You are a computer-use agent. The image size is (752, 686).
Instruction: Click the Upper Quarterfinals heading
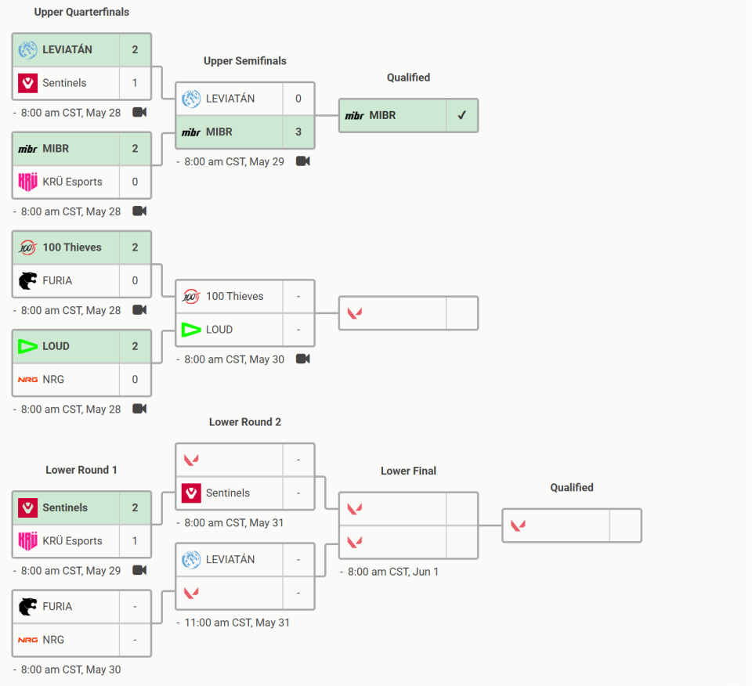[81, 12]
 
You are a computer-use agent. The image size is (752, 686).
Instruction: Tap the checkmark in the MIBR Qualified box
[462, 115]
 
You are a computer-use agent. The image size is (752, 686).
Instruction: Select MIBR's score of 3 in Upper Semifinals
[298, 132]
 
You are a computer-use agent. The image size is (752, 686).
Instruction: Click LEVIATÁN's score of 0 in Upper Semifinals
[298, 99]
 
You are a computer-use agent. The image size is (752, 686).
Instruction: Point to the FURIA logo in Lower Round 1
[28, 606]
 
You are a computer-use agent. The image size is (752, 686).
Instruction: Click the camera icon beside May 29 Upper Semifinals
[303, 161]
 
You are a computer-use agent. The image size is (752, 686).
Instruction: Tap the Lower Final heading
[409, 471]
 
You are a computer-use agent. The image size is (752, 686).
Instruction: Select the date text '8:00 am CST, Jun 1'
[393, 572]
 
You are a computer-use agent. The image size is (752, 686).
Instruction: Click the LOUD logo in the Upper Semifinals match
[191, 330]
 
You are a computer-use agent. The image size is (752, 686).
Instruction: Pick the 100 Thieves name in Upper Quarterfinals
[72, 247]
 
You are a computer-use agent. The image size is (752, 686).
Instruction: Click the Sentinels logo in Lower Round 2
[191, 493]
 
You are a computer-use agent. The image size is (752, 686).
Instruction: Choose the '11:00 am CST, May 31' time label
[237, 623]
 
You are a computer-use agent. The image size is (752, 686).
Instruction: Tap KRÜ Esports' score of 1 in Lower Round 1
[135, 541]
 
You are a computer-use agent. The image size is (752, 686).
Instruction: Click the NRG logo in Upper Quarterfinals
[28, 380]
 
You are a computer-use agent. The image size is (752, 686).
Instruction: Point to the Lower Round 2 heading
[245, 422]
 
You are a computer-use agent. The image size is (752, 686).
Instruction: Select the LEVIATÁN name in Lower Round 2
[230, 559]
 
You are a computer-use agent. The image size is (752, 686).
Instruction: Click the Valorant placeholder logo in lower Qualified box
[518, 526]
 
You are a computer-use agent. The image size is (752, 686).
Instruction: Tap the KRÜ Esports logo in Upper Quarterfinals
[28, 182]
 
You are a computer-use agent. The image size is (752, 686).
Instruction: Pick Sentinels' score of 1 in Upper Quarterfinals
[135, 83]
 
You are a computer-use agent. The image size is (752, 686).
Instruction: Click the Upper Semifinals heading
[245, 61]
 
